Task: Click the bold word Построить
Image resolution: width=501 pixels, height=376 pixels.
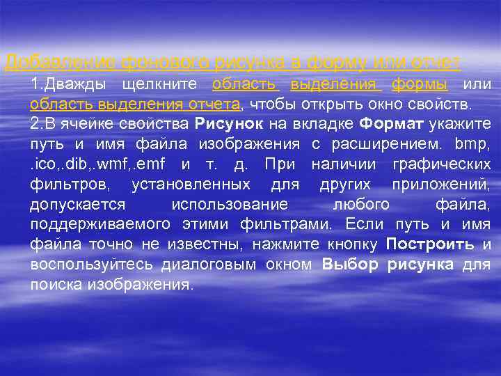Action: tap(430, 245)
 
